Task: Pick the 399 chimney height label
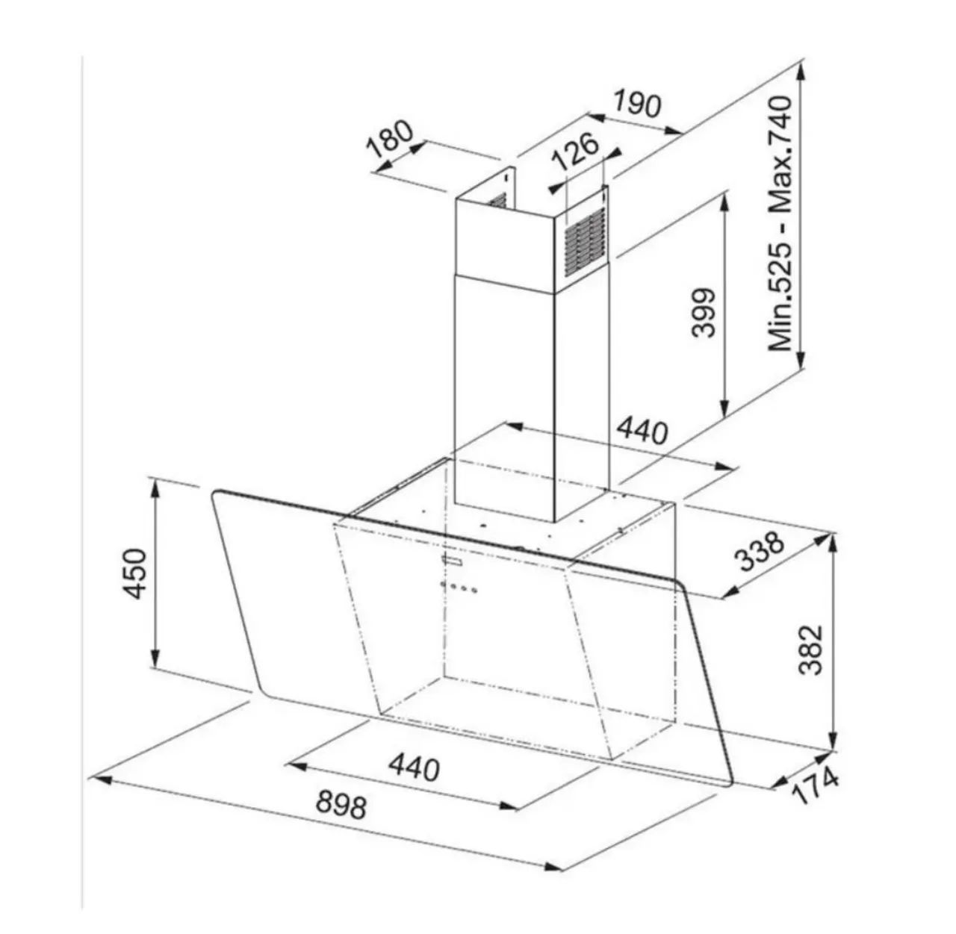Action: [703, 313]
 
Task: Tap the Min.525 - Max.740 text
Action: [780, 223]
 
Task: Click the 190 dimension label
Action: [637, 104]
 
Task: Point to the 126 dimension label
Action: [576, 150]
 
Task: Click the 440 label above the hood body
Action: [642, 431]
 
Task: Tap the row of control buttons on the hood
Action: [459, 586]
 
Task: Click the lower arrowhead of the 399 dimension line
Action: [724, 407]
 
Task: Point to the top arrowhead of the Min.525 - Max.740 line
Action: [801, 75]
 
